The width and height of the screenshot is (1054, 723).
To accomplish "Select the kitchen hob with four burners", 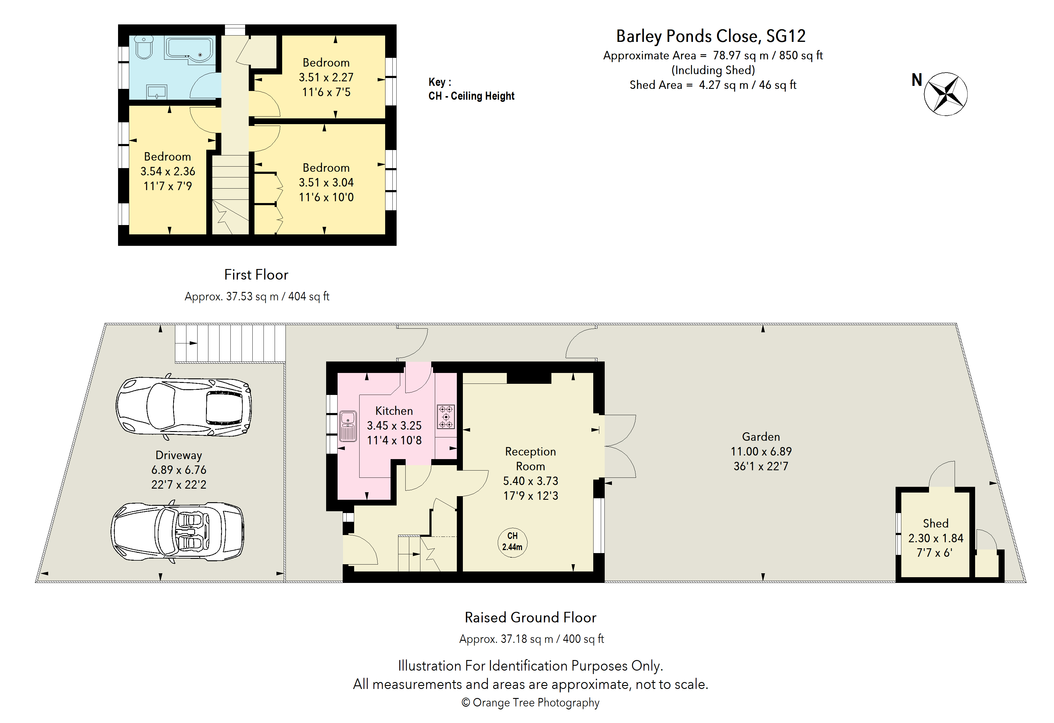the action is click(x=446, y=416).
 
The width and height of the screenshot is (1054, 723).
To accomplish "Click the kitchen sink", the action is click(x=348, y=426).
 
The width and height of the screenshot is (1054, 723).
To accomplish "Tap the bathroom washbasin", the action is click(x=157, y=92).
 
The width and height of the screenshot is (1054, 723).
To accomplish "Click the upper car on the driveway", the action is click(x=183, y=406).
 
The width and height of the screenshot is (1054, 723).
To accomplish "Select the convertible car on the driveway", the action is click(x=177, y=532).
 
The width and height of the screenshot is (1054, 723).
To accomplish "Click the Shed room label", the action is click(x=936, y=524).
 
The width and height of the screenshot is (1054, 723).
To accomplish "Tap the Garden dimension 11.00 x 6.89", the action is click(x=761, y=451).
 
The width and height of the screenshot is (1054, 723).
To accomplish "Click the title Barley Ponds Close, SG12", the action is click(x=711, y=36).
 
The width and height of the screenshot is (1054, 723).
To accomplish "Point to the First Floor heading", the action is click(x=256, y=274).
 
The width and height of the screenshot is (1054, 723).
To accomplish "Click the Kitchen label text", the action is click(x=394, y=411).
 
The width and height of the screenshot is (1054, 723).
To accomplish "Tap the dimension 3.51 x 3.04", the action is click(x=326, y=182).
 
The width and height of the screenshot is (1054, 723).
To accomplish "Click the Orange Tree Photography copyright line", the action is click(x=531, y=703).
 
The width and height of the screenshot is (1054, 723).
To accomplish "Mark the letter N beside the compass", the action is click(x=917, y=80).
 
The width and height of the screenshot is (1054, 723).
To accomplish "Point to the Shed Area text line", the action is click(x=713, y=85).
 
